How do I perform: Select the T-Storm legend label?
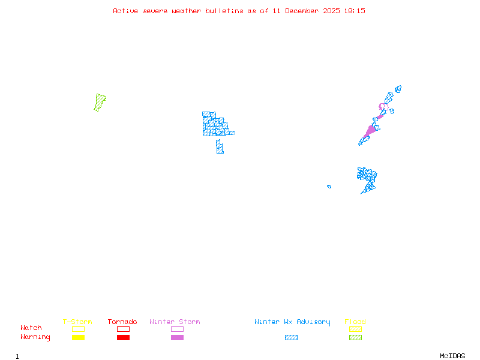[x=77, y=322]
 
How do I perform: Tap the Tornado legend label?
[x=122, y=322]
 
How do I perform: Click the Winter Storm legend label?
[x=175, y=322]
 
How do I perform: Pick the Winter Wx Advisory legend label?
[x=292, y=322]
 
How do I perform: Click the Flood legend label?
[x=355, y=322]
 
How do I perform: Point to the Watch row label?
[x=31, y=328]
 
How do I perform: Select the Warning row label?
[x=35, y=337]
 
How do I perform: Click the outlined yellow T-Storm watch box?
[x=78, y=329]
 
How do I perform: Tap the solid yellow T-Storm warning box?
[x=78, y=338]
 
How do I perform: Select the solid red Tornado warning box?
[x=123, y=338]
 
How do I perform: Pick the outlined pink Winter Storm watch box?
[x=177, y=329]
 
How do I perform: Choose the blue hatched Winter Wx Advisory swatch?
[x=291, y=338]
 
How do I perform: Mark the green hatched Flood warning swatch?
[x=355, y=338]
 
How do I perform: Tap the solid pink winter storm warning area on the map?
[x=370, y=130]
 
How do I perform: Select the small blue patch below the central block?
[x=220, y=146]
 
